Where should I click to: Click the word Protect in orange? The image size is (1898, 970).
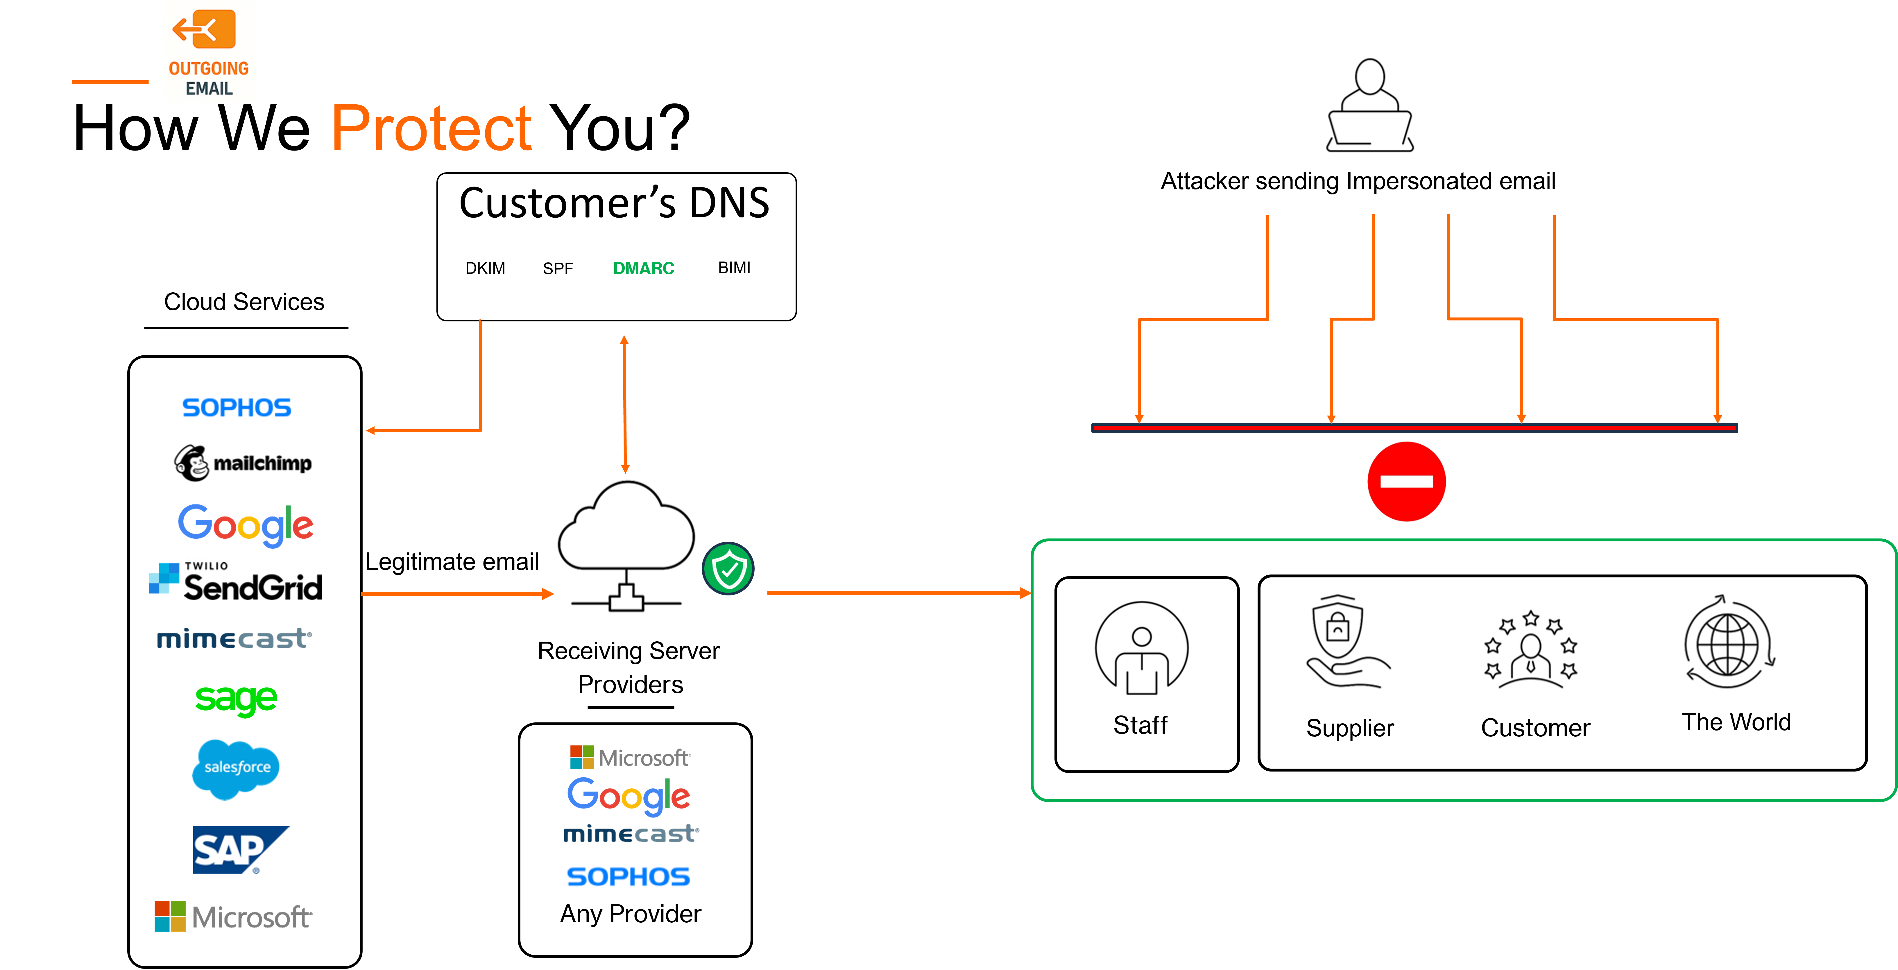click(x=432, y=129)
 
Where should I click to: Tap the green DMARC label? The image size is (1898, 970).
click(x=643, y=268)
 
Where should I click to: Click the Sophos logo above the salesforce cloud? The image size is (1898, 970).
click(x=237, y=408)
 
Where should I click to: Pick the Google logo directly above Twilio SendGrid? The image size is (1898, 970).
click(x=245, y=525)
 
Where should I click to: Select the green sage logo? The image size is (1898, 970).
click(x=236, y=699)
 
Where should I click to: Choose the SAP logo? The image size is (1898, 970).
click(x=239, y=850)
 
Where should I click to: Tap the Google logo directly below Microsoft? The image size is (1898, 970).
click(x=629, y=796)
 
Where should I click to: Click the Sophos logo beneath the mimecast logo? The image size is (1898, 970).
click(x=629, y=876)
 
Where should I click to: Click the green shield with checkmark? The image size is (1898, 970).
click(x=728, y=568)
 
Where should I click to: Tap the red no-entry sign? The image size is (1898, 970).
click(x=1406, y=481)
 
